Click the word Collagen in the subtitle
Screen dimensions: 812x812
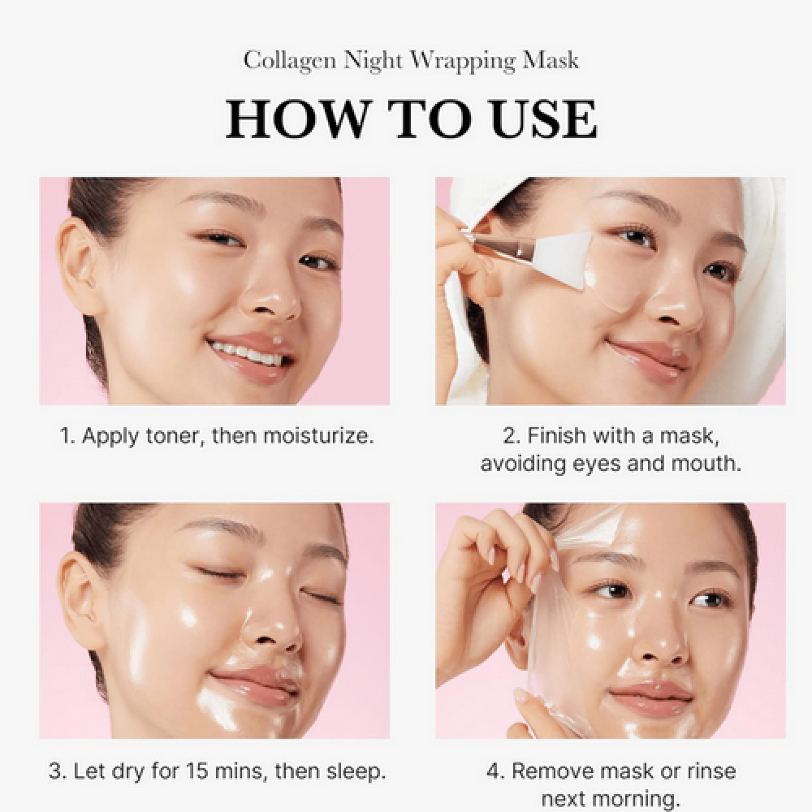click(290, 61)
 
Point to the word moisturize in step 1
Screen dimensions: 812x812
click(318, 435)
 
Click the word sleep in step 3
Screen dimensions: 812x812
click(356, 772)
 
